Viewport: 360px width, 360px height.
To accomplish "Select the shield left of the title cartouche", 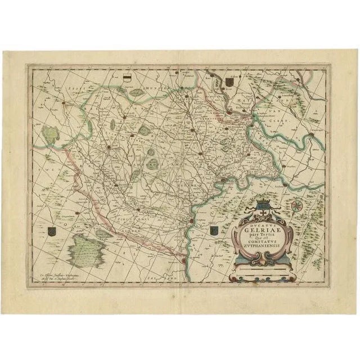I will click(214, 231).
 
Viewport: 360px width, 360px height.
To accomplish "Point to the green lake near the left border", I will click(51, 134).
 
